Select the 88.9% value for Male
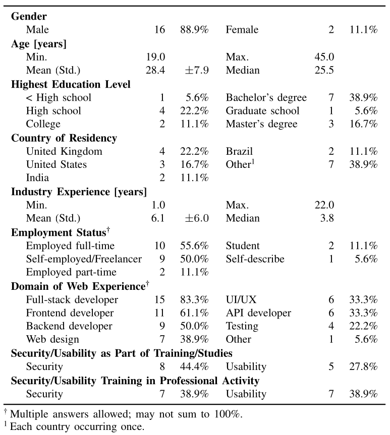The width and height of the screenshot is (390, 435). [194, 30]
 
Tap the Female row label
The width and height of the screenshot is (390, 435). [242, 30]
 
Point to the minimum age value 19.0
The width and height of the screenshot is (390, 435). [155, 57]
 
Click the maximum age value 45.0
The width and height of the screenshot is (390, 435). [323, 57]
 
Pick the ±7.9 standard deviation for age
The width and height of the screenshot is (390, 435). [196, 71]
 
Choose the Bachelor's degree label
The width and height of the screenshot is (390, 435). [266, 98]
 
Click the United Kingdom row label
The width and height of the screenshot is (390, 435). [64, 151]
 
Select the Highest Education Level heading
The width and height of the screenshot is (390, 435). [71, 84]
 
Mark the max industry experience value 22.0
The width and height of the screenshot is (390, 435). [323, 205]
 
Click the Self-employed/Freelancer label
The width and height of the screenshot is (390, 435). [84, 259]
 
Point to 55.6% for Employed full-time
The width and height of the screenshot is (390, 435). [194, 246]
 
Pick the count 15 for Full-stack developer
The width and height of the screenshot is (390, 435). [159, 300]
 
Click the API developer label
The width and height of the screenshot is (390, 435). [258, 313]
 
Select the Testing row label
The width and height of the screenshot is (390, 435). [242, 327]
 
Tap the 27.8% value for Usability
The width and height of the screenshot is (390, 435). [363, 367]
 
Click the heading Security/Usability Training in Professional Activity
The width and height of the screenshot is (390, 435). [135, 381]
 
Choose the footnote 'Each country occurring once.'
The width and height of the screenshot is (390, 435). [77, 427]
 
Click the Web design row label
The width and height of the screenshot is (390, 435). [52, 340]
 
